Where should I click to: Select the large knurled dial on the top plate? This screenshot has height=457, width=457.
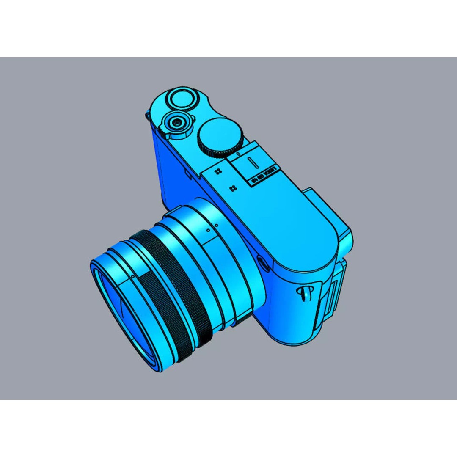[x=220, y=136]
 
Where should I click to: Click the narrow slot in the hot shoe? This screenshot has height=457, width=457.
[x=251, y=162]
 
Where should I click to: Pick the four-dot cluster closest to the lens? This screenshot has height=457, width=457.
[x=232, y=188]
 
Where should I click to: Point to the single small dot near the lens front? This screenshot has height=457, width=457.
[x=133, y=275]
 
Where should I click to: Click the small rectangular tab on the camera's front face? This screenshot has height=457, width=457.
[x=187, y=174]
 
